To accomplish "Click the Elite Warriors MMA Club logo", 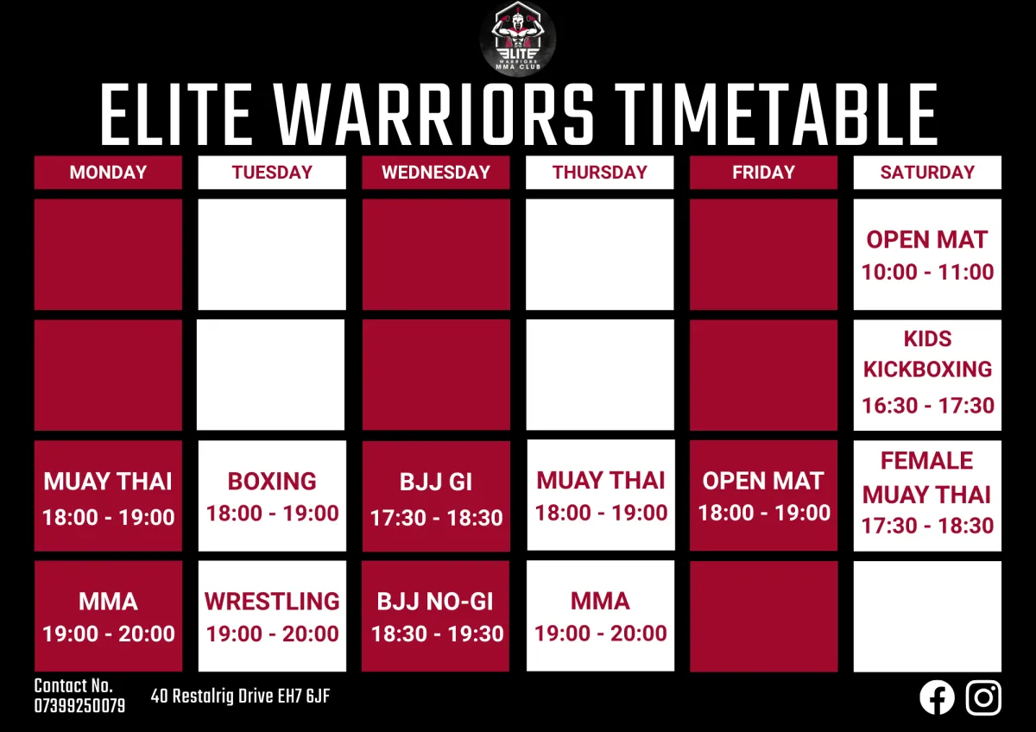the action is click(x=517, y=39).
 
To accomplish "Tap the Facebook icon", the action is click(x=937, y=697).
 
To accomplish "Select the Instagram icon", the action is click(x=983, y=697).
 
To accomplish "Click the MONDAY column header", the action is click(x=108, y=173).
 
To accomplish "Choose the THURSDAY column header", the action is click(x=600, y=173).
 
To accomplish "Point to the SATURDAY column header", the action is click(x=927, y=173).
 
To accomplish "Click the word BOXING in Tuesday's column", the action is click(x=272, y=482).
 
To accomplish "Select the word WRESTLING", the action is click(x=272, y=602).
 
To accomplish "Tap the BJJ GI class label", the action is click(x=436, y=482).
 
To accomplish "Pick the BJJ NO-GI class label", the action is click(x=435, y=602).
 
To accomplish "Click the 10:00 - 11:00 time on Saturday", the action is click(x=927, y=272).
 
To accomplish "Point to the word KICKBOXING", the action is click(x=927, y=369).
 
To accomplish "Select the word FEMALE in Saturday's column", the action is click(x=927, y=461).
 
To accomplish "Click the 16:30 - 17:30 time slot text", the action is click(x=928, y=406).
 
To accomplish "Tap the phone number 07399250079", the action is click(x=79, y=706).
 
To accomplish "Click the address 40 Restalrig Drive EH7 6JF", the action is click(x=241, y=697).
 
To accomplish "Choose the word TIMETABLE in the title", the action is click(x=776, y=115).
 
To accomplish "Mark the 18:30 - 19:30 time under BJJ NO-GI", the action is click(x=437, y=634).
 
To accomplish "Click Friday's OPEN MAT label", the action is click(x=763, y=481).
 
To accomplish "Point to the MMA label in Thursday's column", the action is click(x=600, y=601).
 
